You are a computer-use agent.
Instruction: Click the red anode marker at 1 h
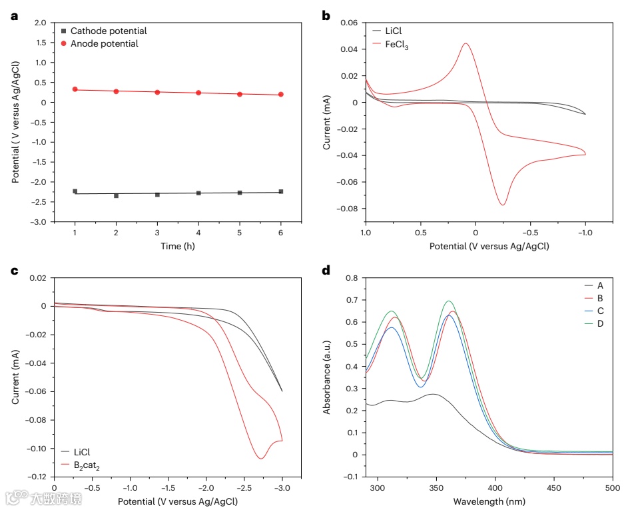[75, 89]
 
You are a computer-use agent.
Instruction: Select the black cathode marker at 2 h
[116, 195]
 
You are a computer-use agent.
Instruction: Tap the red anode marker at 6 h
[280, 95]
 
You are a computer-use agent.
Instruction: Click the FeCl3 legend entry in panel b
[397, 44]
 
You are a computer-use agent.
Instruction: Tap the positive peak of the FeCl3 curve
[466, 44]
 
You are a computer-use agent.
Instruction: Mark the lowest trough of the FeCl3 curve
[503, 205]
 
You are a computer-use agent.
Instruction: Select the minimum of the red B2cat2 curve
[261, 458]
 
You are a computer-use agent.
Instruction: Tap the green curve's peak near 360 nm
[449, 301]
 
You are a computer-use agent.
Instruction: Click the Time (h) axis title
[177, 246]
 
